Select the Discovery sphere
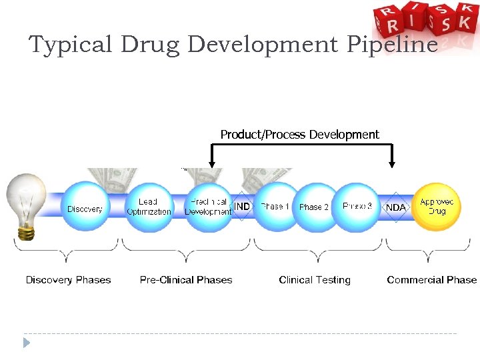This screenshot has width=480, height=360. click(85, 208)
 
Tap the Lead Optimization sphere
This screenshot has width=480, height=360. click(149, 207)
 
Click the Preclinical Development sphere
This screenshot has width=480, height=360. click(208, 207)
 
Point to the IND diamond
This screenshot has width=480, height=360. click(242, 207)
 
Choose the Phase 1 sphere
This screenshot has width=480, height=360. click(275, 207)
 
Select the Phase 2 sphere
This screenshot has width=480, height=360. click(313, 207)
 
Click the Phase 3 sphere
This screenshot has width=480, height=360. click(357, 207)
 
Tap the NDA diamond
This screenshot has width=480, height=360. click(395, 207)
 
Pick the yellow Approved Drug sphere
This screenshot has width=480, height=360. click(437, 207)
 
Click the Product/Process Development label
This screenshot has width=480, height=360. click(299, 135)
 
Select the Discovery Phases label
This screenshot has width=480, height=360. click(68, 280)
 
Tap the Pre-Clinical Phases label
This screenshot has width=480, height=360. click(186, 280)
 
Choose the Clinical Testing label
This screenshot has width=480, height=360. click(315, 280)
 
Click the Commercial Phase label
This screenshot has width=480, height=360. click(431, 280)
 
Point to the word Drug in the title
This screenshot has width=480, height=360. click(151, 45)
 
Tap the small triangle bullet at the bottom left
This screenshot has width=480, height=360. click(26, 343)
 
